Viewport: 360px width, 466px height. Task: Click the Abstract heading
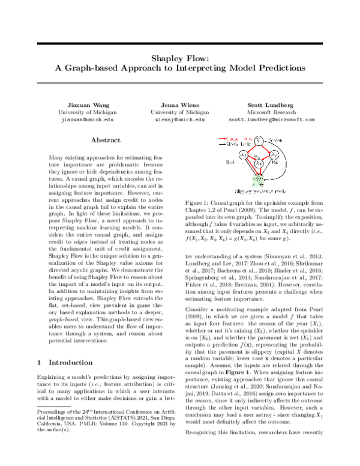pyautogui.click(x=105, y=140)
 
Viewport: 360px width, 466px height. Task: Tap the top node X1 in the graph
pyautogui.click(x=257, y=141)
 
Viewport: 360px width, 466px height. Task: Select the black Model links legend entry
pyautogui.click(x=232, y=145)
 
